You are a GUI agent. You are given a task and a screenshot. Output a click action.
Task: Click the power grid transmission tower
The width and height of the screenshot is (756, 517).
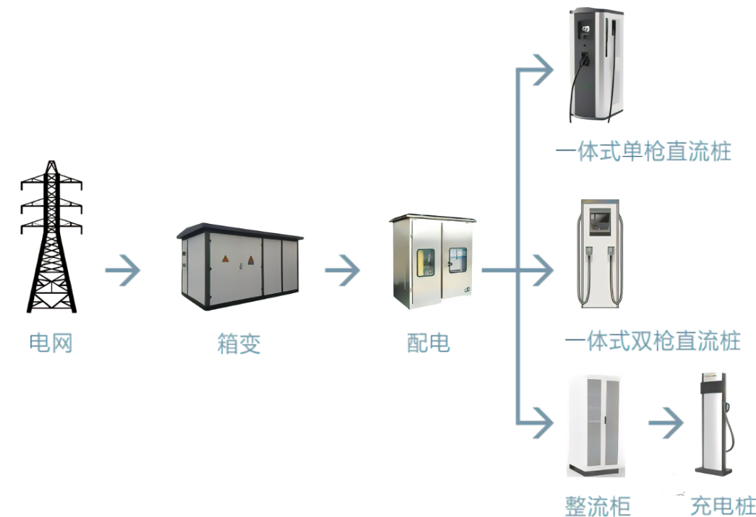[x=51, y=236]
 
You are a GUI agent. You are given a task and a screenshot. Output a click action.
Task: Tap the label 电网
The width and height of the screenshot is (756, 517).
[x=51, y=343]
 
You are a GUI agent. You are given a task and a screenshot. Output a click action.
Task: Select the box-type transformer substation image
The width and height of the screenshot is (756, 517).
[x=239, y=266]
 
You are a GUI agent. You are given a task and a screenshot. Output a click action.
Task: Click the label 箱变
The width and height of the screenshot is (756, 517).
[x=239, y=344]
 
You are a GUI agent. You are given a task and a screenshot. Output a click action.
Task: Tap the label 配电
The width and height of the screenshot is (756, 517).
[x=428, y=343]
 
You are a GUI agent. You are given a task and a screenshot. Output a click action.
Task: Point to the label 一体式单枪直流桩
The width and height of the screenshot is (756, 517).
[x=643, y=152]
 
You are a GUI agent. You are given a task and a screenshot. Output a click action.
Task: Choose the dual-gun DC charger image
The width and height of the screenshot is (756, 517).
[x=596, y=253]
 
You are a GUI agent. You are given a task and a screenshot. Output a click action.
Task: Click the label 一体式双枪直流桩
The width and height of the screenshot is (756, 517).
[x=652, y=342]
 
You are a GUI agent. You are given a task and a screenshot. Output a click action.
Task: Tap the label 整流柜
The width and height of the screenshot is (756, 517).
[x=598, y=505]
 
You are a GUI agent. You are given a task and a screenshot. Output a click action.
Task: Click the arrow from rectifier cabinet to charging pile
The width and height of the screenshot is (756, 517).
[x=666, y=423]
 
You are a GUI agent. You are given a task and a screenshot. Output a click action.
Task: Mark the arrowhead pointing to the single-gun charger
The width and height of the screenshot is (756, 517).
[x=543, y=69]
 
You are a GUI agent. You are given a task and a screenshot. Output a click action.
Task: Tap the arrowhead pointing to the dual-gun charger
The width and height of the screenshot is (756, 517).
[x=543, y=271]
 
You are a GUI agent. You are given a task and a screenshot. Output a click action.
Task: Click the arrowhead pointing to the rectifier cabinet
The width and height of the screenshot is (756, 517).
[x=543, y=423]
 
